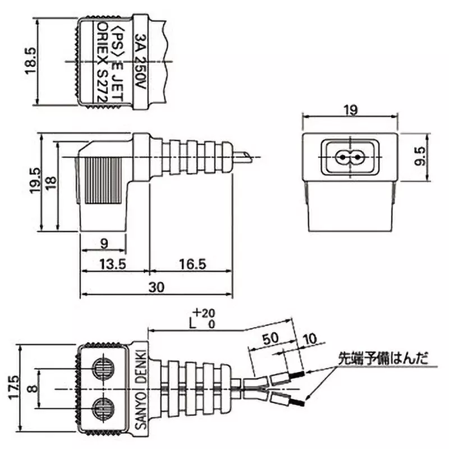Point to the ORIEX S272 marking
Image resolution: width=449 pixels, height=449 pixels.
coord(102,62)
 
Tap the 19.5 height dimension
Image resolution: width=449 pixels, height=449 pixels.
coord(35,181)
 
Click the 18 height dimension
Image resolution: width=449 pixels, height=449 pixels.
coord(51,181)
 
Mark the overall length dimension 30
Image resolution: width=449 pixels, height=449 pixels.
coord(157,287)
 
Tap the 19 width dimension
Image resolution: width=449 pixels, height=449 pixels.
coord(350,110)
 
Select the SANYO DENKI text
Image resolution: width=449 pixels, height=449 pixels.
coord(140,388)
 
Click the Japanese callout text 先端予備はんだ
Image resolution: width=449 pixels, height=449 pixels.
coord(382,358)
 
